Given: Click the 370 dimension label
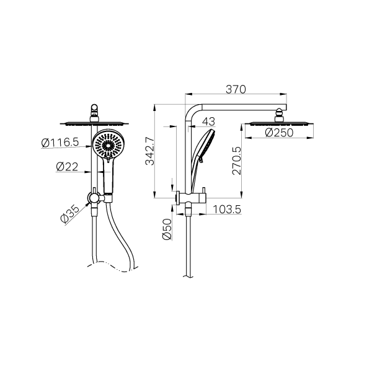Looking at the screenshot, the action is pyautogui.click(x=236, y=89).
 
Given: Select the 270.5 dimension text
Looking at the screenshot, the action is pyautogui.click(x=237, y=161).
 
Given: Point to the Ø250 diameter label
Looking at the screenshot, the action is pyautogui.click(x=279, y=133).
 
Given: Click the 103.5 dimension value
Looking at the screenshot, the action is pyautogui.click(x=227, y=210).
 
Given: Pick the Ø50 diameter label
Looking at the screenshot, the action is pyautogui.click(x=167, y=229).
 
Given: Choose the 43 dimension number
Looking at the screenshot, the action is pyautogui.click(x=208, y=122).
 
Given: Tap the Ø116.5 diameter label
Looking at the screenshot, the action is pyautogui.click(x=60, y=143).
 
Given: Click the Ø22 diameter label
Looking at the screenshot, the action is pyautogui.click(x=67, y=167).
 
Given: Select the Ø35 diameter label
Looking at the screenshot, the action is pyautogui.click(x=69, y=214).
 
